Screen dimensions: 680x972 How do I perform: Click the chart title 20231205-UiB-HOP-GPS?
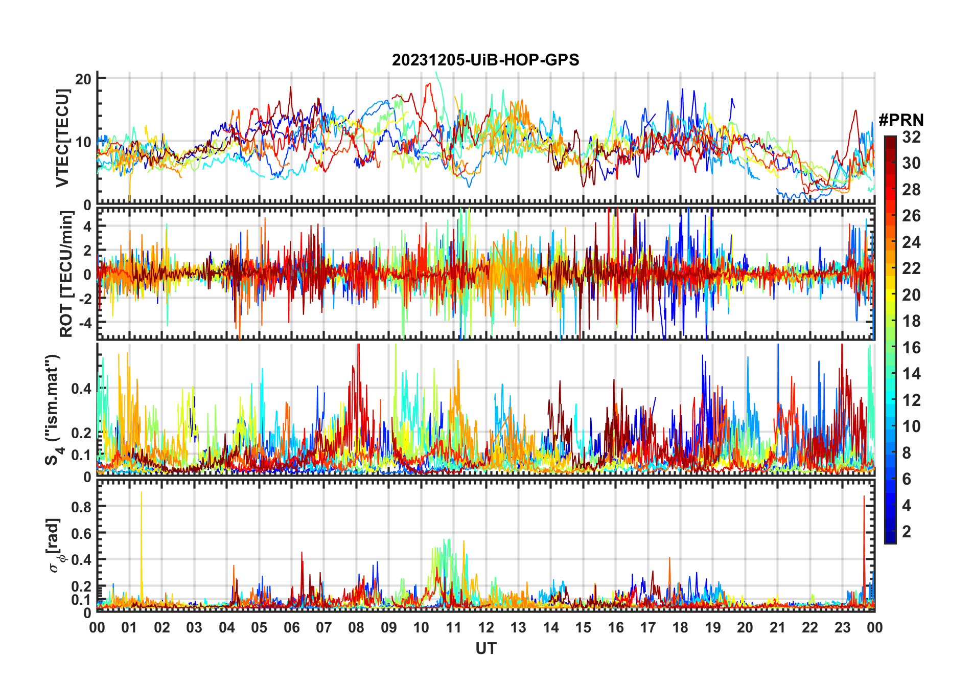[485, 60]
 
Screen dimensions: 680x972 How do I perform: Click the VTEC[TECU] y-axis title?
[63, 138]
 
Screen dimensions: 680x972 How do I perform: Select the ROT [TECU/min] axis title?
[66, 274]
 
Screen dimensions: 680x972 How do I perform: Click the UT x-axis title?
[485, 649]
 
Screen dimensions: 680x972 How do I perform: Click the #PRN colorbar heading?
[901, 120]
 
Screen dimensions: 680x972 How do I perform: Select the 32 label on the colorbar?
[911, 137]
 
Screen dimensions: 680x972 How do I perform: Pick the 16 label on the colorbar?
[911, 348]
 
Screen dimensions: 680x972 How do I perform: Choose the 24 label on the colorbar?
[911, 242]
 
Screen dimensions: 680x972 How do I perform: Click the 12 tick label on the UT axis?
[486, 627]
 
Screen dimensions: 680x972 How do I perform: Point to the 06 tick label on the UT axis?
[291, 627]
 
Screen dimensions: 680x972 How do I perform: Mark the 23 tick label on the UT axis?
[842, 627]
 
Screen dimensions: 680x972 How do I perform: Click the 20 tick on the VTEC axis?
[83, 79]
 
